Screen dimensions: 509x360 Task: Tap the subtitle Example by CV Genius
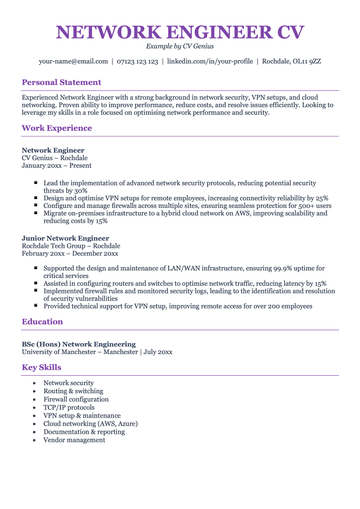[180, 46]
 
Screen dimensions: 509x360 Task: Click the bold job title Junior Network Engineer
[65, 239]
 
